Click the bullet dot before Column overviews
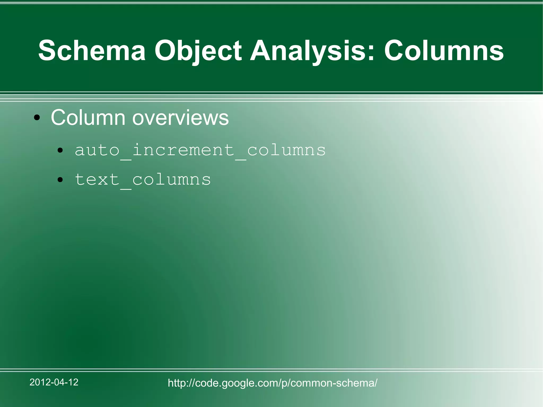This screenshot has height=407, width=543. (x=37, y=118)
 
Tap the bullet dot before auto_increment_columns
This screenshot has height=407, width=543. (x=60, y=151)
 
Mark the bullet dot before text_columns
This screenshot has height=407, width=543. (x=60, y=180)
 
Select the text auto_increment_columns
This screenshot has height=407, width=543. (x=200, y=150)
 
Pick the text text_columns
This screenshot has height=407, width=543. (x=143, y=180)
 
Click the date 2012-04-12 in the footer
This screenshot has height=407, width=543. (x=54, y=382)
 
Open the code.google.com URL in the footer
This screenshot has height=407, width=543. (x=273, y=383)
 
